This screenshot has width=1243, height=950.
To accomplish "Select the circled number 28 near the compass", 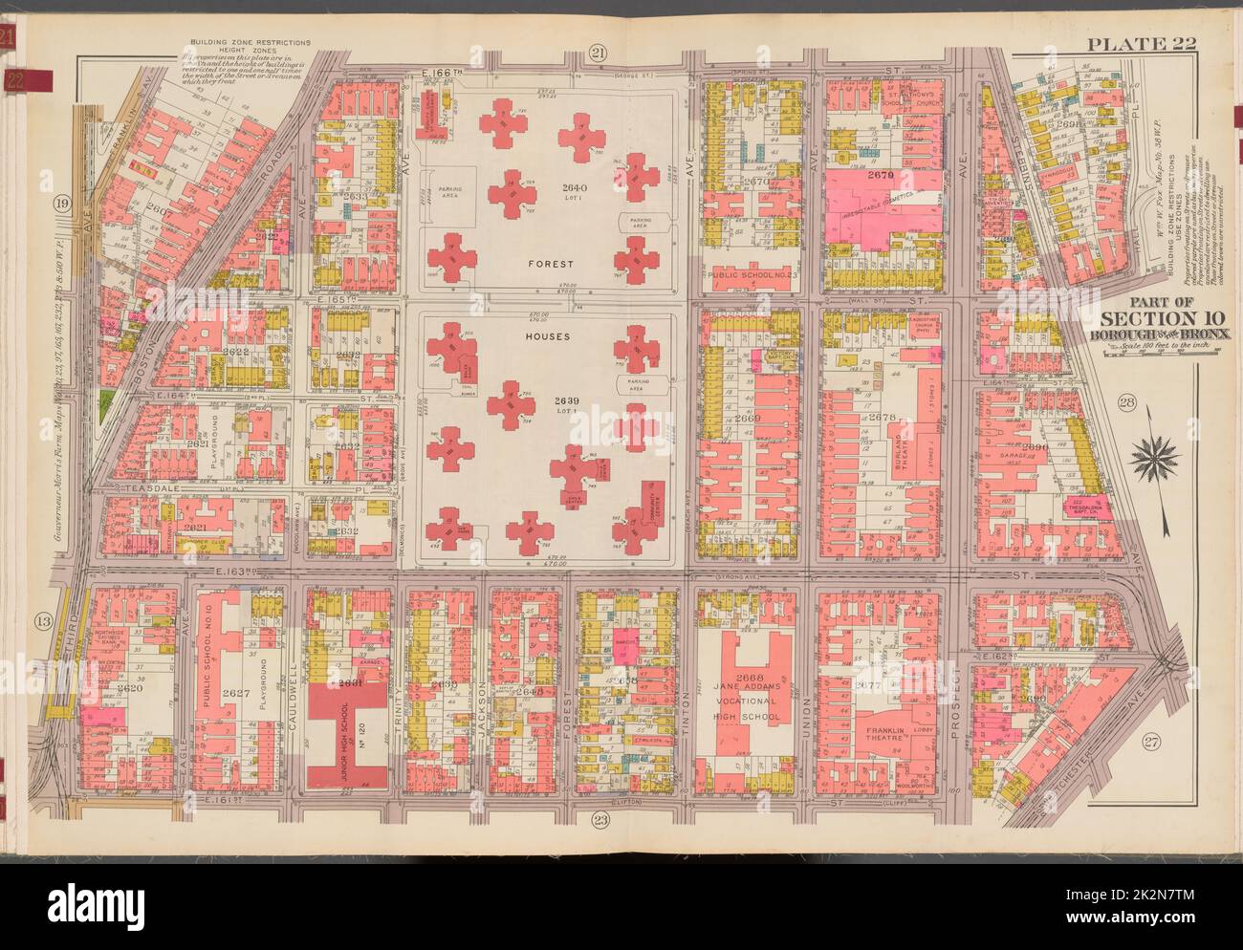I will tap(1126, 406).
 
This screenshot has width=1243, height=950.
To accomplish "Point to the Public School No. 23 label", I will tap(756, 277).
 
